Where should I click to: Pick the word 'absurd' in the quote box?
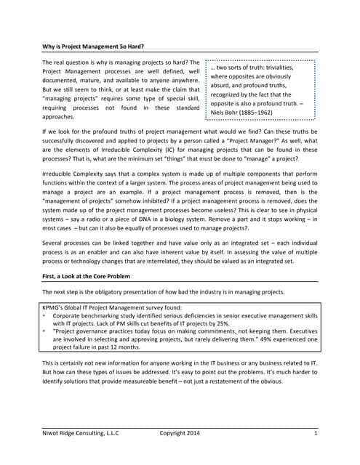[x=223, y=86]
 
